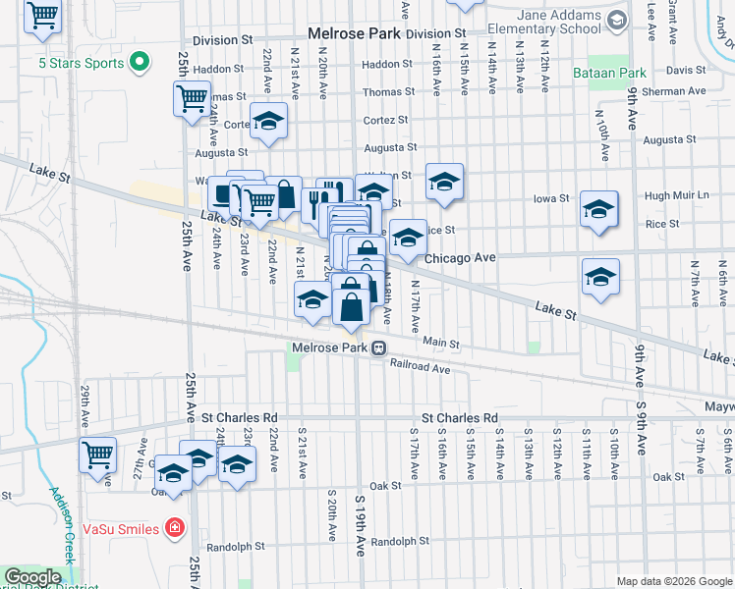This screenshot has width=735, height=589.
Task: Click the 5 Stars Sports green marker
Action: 139,62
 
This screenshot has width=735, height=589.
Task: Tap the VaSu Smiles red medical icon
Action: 175,528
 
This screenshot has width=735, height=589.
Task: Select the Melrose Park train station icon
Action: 377,348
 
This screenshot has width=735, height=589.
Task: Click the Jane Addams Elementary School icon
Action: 617,21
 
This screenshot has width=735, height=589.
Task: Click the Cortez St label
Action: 385,120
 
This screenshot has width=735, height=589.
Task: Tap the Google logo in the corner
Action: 32,577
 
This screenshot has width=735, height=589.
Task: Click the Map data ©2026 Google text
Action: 674,581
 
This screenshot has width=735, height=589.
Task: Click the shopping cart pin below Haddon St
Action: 192,98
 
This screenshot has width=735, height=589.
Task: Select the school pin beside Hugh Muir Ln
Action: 598,209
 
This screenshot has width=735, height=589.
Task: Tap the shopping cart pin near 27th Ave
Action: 98,455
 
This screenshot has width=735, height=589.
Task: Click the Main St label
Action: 441,343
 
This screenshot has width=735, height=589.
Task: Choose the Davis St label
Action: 686,71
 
